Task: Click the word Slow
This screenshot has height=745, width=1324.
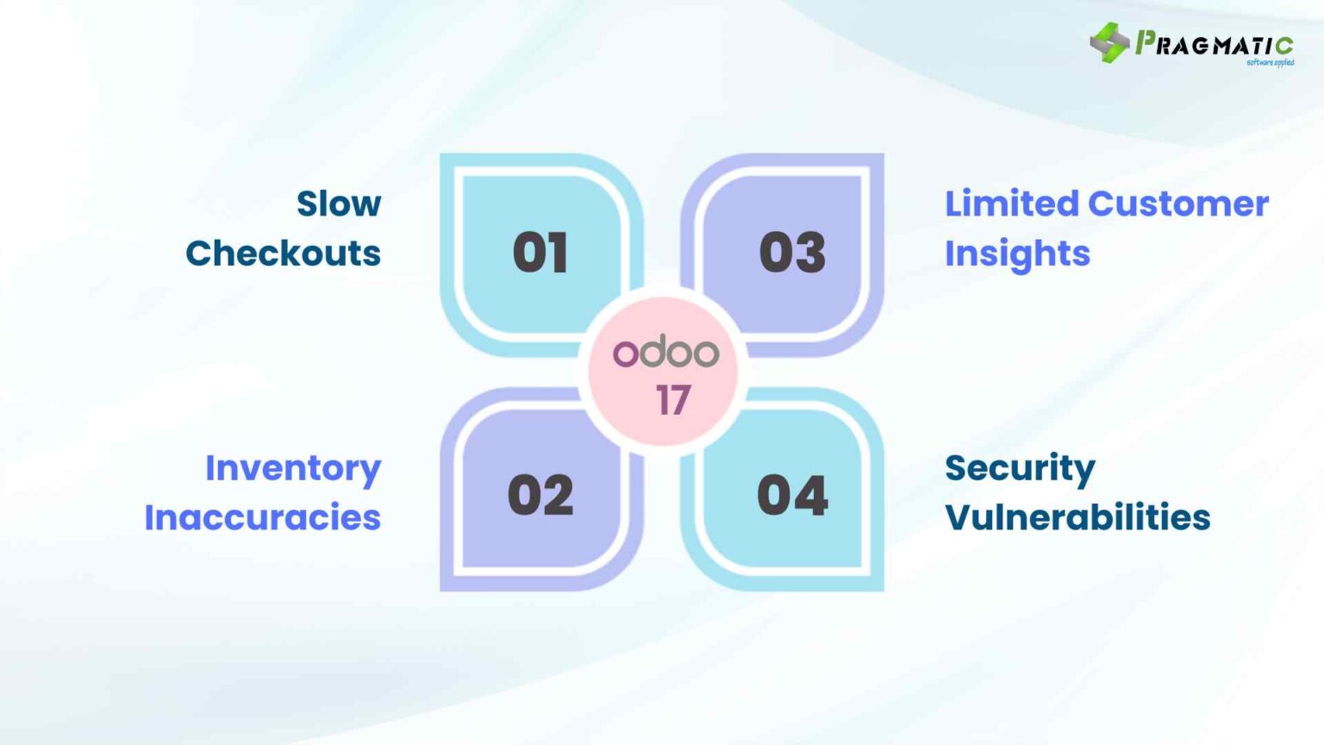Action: coord(339,204)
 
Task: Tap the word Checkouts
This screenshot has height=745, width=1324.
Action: coord(283,254)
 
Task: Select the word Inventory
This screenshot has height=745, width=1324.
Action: coord(293,469)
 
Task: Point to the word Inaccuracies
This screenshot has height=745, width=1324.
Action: coord(262,517)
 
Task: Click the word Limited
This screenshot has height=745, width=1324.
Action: coord(1011,204)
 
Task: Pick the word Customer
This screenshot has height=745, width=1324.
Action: coord(1178,204)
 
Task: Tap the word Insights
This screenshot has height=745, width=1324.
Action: coord(1017,254)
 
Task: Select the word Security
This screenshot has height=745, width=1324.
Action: coord(1020,469)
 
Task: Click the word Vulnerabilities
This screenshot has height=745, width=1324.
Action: coord(1077,517)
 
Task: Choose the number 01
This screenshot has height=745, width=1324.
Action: coord(540,254)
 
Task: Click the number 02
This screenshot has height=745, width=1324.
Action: coord(540,496)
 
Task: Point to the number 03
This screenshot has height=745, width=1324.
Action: coord(792,254)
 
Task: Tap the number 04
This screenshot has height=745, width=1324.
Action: coord(792,496)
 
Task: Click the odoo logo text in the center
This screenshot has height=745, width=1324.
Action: coord(665,352)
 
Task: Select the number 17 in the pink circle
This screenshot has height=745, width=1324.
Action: coord(673,400)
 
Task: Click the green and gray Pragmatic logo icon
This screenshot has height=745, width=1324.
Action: coord(1109,42)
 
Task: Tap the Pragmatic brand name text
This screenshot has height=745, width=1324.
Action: coord(1215,44)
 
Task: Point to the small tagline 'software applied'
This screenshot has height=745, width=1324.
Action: coord(1270,62)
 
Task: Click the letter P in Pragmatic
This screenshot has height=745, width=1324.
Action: coord(1146,42)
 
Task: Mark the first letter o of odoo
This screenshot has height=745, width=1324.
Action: coord(624,354)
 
